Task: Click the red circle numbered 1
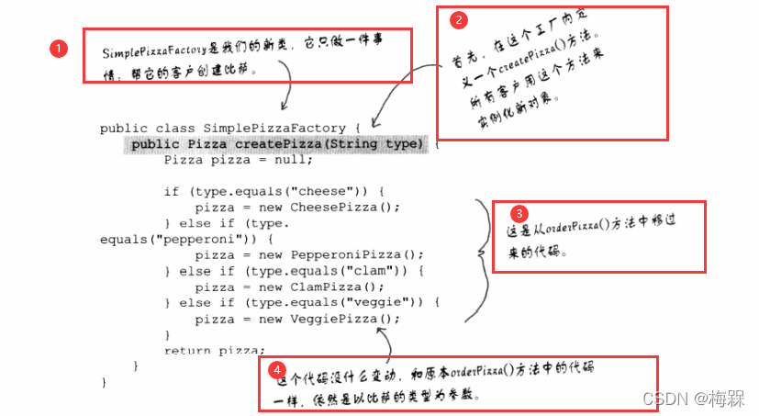58,48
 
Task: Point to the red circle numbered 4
276,370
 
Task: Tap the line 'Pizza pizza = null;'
239,160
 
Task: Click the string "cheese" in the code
332,192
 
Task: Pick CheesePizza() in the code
345,208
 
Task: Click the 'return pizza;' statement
214,351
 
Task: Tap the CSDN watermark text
693,398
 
